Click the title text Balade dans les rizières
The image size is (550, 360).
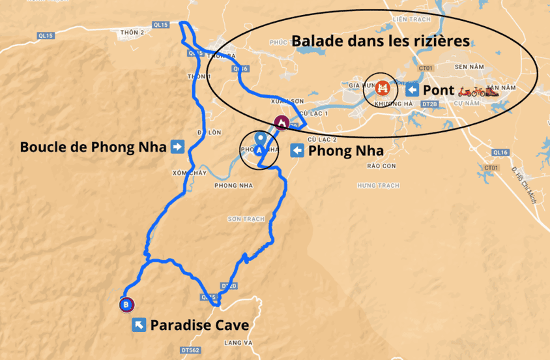tap(381, 41)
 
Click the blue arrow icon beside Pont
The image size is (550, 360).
tap(412, 89)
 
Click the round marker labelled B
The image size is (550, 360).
tap(126, 304)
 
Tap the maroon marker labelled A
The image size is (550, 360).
tap(282, 122)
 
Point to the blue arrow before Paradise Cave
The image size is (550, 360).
tap(139, 325)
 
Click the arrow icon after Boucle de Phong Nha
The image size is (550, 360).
tap(177, 147)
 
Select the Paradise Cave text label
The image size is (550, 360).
tap(199, 325)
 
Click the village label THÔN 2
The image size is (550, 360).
tap(132, 31)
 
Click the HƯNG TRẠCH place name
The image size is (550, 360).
tap(378, 186)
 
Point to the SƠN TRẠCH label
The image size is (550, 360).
tap(246, 219)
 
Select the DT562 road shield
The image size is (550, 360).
tap(190, 350)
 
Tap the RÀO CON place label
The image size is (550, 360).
tap(381, 166)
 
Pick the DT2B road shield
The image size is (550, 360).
tap(428, 104)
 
